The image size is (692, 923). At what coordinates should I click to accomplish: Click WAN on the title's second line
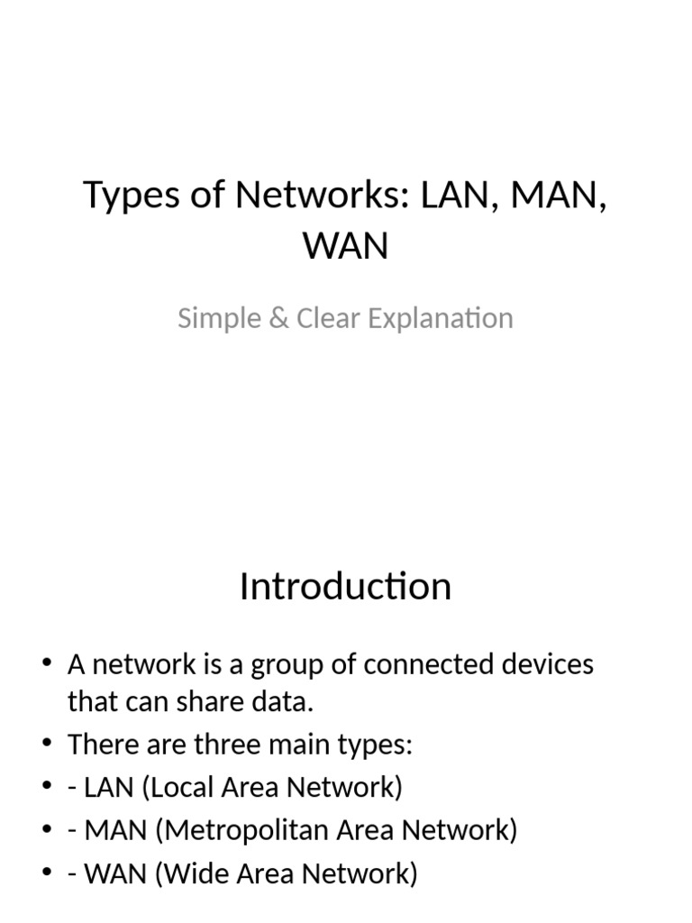tap(346, 245)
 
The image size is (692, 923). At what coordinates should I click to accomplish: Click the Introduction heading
tap(345, 587)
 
